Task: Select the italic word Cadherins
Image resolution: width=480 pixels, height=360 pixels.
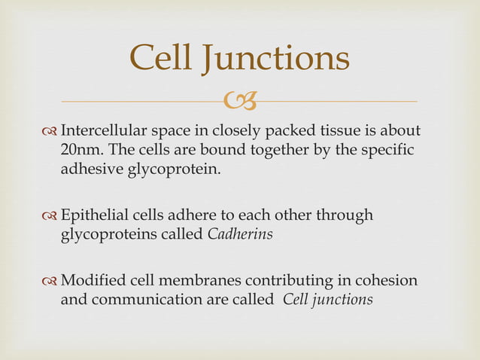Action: coord(239,234)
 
